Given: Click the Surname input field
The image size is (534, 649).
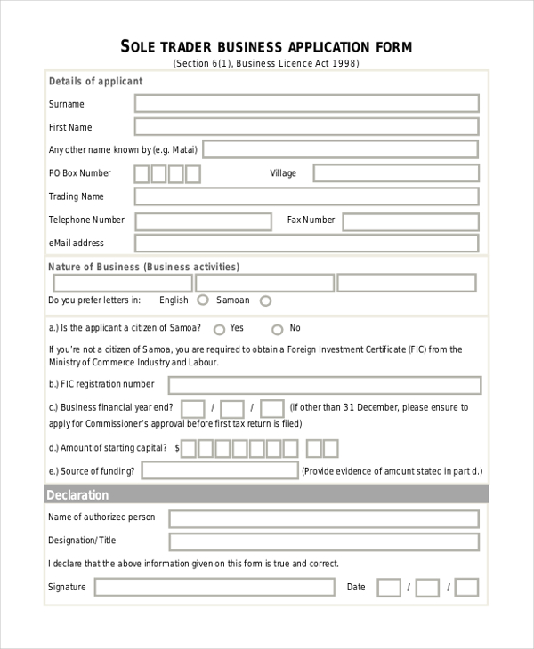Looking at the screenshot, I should coord(306,104).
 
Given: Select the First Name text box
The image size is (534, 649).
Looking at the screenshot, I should coord(306,127).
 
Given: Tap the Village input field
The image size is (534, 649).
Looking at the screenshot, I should coord(395,173).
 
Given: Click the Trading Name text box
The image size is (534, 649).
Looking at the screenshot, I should coord(306,196).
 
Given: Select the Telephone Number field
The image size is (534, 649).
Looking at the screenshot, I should coord(203,220).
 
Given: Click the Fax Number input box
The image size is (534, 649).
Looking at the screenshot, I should coord(410,220).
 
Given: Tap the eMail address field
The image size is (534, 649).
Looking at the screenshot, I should coord(306,244).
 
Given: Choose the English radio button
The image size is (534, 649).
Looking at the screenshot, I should coord(203,300).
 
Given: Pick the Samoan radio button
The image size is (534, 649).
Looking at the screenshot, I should coord(265,300).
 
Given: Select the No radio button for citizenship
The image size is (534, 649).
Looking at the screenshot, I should coord(277,328).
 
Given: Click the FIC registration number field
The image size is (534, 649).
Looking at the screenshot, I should coord(324,385).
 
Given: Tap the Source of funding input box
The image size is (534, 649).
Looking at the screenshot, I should coord(220,470).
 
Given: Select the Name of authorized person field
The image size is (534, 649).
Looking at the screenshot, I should coord(324,518).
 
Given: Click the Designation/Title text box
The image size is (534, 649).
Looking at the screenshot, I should coord(324,541).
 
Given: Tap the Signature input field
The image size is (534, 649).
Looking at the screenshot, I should coord(214,587).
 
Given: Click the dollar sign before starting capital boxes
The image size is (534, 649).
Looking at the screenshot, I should coord(178,449).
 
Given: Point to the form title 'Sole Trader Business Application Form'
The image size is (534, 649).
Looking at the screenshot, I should coord(266,46).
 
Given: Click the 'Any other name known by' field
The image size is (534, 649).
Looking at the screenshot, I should coord(340,149).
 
